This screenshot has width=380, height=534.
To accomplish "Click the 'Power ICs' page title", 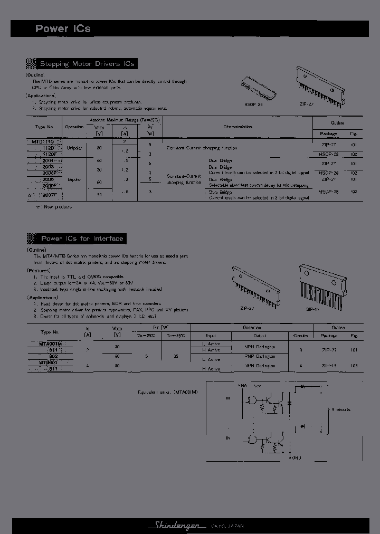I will pos(63,29).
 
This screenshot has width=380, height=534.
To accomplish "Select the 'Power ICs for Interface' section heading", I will pos(82,239).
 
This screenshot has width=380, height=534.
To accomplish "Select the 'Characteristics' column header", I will pos(237,127).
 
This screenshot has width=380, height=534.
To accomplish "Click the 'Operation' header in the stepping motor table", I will pos(74,127).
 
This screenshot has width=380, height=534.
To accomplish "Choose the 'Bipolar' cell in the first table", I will pos(74,179).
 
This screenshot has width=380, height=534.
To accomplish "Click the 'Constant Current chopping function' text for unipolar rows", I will pos(202,148).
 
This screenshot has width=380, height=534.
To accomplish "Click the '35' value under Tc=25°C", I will pos(175,356).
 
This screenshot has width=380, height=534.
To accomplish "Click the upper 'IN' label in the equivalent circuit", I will pos(228,398).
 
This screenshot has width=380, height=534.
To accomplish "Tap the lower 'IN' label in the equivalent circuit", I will pos(228,438).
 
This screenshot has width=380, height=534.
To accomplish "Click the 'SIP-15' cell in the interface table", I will pos(329,365).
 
